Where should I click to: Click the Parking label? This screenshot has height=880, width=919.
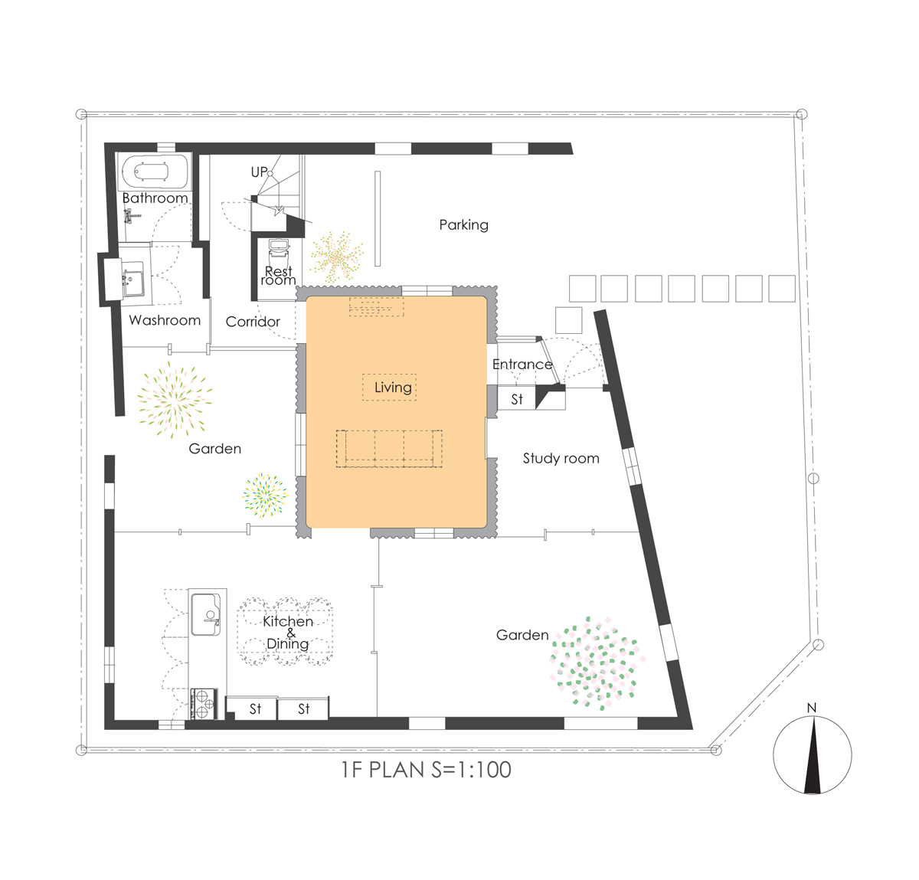pos(463,225)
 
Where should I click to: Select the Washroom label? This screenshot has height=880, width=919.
pos(165,320)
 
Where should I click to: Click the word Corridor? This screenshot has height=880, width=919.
pos(253,322)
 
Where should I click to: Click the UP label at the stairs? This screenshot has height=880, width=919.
pos(260,172)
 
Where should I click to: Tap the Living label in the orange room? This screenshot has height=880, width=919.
pos(393,388)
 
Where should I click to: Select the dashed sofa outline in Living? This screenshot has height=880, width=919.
pos(389,448)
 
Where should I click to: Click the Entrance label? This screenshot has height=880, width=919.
pos(522,365)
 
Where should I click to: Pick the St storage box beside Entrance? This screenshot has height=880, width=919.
pos(516,399)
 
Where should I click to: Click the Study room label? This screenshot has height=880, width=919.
pos(561,458)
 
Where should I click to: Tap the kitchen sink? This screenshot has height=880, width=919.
pos(205,614)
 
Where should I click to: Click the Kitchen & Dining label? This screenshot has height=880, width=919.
pos(288,632)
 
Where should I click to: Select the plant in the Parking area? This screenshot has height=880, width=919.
pos(337,257)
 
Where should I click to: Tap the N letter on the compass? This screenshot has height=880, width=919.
pos(811,708)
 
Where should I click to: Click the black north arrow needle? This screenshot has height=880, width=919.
pos(813,754)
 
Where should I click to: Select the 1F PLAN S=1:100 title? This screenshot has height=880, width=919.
pos(426,770)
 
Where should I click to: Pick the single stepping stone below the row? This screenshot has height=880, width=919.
pos(568,320)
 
